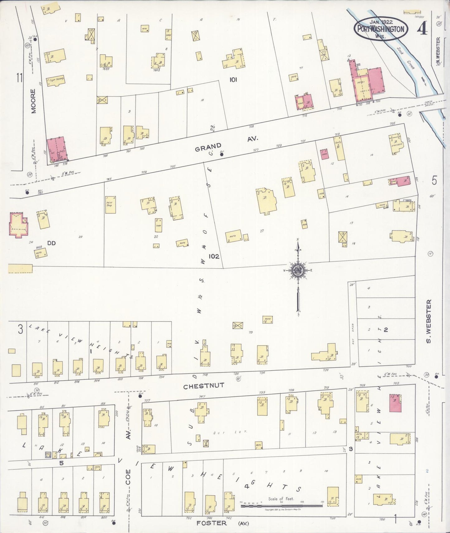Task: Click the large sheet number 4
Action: (423, 29)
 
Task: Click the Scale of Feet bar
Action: (282, 506)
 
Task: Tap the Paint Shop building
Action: (111, 204)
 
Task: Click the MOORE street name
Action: (34, 101)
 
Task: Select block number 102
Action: (214, 257)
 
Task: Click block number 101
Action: (233, 80)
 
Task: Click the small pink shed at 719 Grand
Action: (324, 154)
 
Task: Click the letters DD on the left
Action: (51, 243)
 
